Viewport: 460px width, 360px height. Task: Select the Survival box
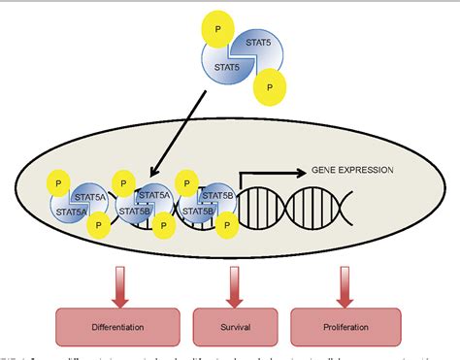(231, 327)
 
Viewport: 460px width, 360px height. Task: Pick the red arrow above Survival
(231, 282)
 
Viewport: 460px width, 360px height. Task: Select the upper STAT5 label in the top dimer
(258, 42)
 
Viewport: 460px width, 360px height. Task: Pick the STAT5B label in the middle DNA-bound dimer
(135, 209)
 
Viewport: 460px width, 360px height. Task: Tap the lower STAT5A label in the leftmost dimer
(74, 209)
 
